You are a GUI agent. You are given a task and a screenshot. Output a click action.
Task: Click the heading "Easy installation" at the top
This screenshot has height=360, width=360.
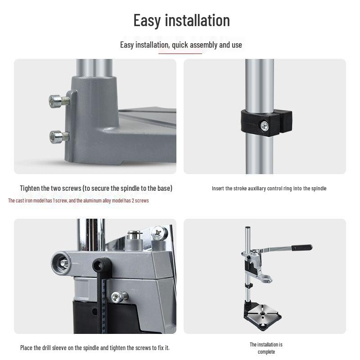point(181,20)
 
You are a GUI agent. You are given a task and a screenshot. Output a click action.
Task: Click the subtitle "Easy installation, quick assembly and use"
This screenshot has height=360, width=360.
point(181,45)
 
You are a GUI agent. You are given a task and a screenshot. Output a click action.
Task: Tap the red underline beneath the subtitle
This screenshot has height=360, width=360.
point(180,54)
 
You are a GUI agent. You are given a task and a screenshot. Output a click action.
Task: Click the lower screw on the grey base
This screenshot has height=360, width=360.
point(57,136)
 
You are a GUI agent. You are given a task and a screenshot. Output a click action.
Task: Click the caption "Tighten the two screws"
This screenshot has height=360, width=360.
point(96,188)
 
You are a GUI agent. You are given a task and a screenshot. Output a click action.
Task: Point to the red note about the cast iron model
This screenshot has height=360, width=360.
point(78,200)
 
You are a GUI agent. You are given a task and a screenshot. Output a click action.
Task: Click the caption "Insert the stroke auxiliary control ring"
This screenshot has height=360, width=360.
point(269,189)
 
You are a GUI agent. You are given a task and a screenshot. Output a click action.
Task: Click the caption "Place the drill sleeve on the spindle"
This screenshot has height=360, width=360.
point(95,347)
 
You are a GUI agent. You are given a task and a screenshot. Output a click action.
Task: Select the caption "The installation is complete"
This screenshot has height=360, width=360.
point(266,348)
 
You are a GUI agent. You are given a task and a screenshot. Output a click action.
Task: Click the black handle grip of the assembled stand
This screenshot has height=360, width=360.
point(301,247)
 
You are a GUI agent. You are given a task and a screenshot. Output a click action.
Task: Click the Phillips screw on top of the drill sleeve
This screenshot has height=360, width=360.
point(158,233)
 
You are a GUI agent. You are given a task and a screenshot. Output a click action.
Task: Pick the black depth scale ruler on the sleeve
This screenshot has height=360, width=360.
point(104,301)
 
